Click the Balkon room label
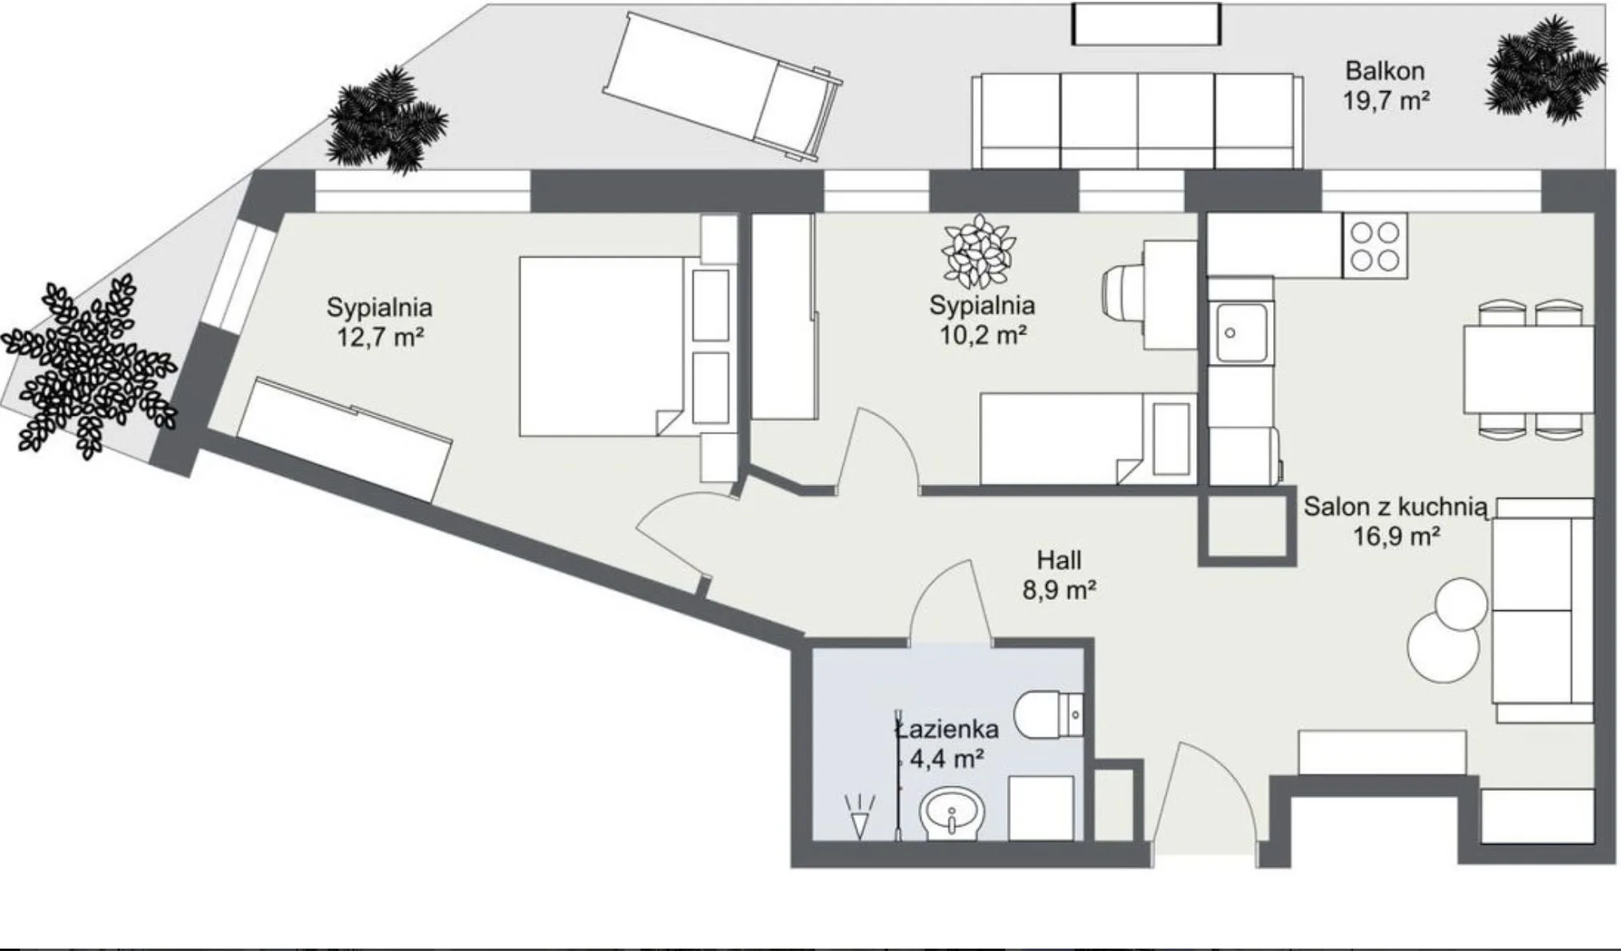tap(1384, 70)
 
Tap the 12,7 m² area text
tap(379, 337)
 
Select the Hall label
tap(1059, 559)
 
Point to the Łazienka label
tap(948, 728)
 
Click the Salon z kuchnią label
tap(1395, 506)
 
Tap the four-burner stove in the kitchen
tap(1375, 246)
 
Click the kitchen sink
tap(1241, 332)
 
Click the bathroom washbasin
tap(952, 814)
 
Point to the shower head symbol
tap(860, 816)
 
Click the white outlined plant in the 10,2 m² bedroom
tap(978, 252)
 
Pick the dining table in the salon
tap(1528, 369)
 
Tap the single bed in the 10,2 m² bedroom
tap(1088, 438)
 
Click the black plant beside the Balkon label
tap(1545, 70)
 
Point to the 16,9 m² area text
tap(1396, 536)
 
